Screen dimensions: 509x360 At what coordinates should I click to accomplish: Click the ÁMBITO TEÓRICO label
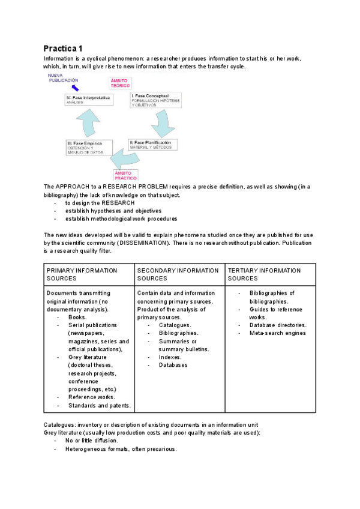click(119, 83)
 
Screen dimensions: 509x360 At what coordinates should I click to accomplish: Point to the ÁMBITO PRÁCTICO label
click(125, 175)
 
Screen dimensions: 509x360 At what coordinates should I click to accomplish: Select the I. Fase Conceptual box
click(155, 100)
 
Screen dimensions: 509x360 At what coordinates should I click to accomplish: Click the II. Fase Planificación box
click(153, 145)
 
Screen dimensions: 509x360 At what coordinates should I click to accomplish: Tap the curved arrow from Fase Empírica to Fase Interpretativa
click(88, 124)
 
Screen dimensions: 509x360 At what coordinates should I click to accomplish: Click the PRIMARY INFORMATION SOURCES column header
click(82, 274)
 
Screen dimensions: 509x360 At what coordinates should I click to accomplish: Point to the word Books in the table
click(77, 317)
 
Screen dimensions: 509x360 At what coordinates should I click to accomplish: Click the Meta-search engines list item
click(277, 333)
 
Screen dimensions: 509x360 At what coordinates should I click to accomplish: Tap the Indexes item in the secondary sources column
click(170, 357)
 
